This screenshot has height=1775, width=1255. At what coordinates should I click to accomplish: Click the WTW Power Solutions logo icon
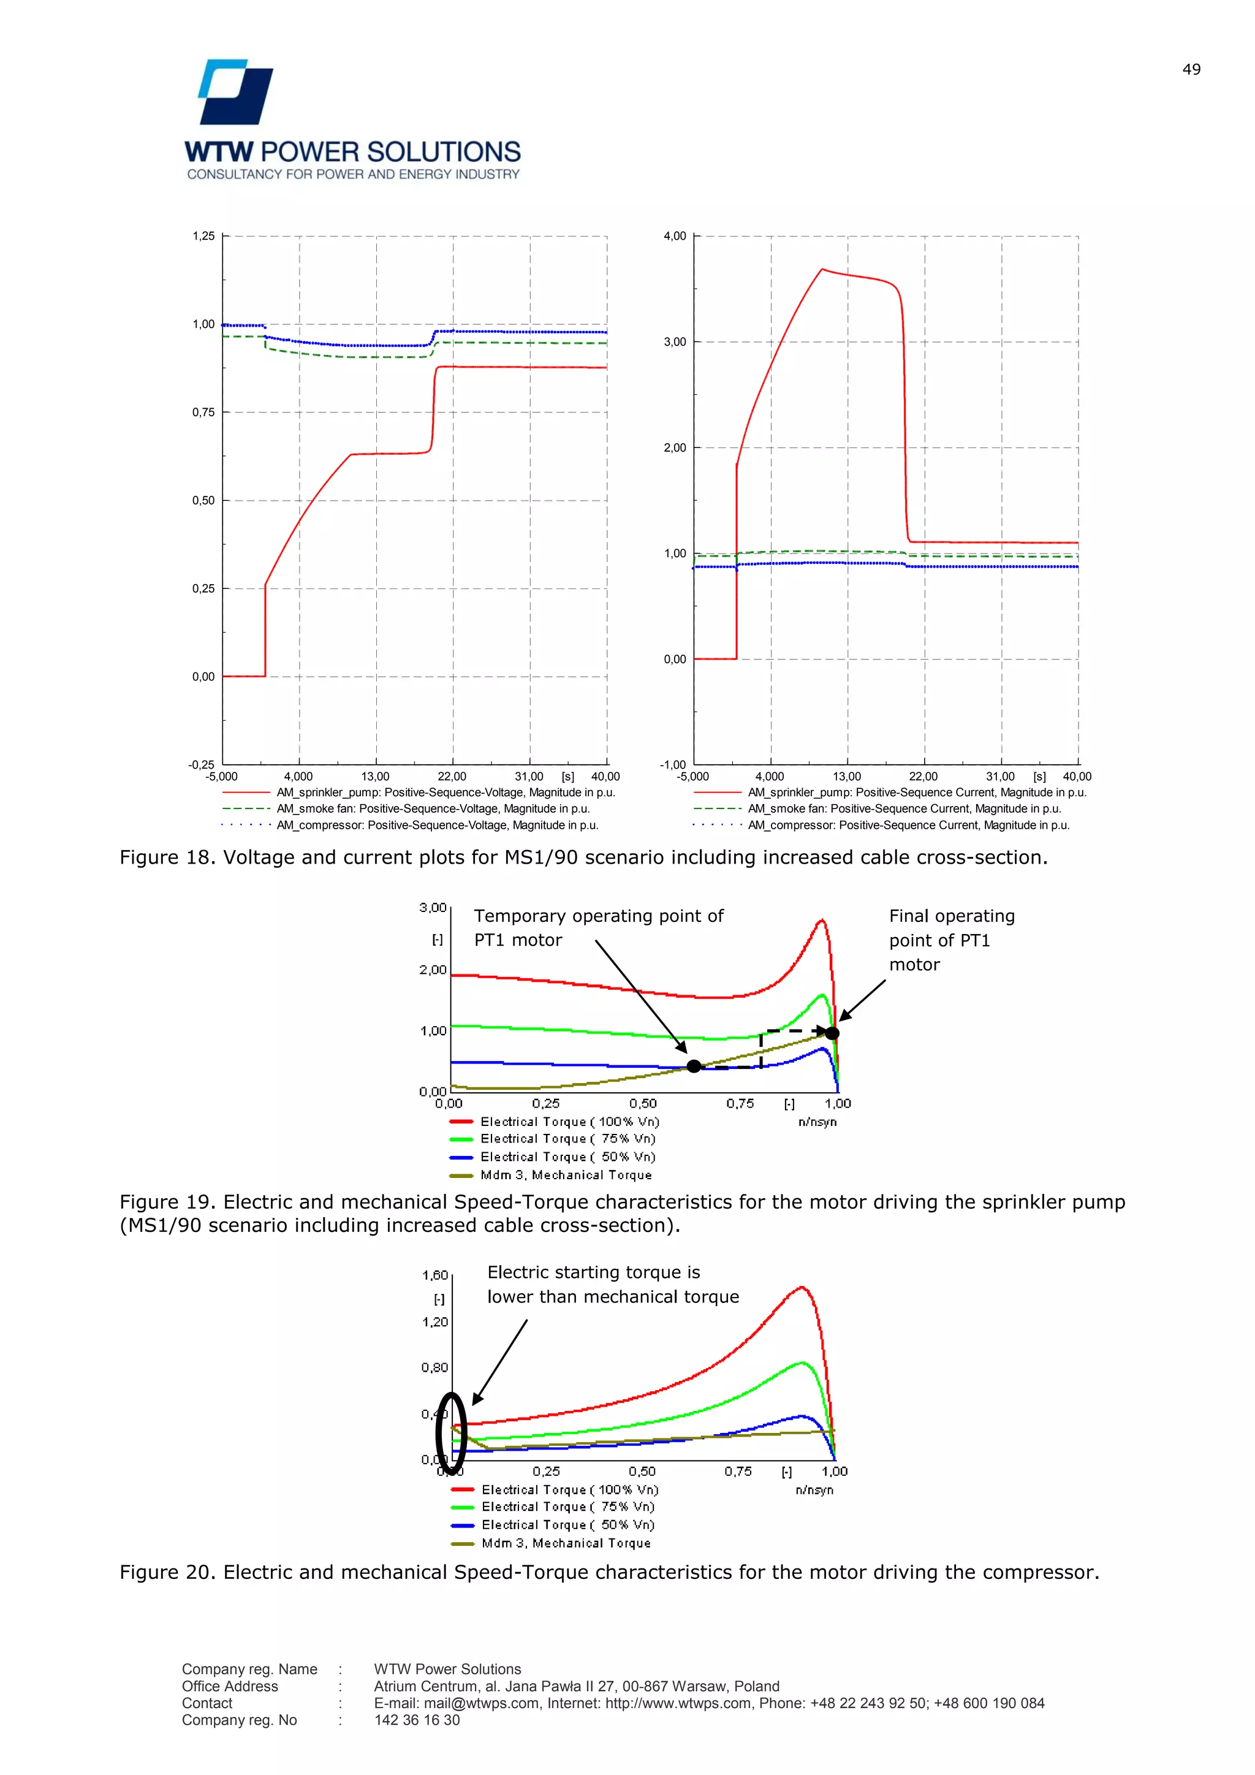(x=236, y=91)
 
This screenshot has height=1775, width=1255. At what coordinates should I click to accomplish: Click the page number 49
(x=1191, y=70)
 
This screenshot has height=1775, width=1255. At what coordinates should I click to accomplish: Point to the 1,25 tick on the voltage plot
(x=204, y=236)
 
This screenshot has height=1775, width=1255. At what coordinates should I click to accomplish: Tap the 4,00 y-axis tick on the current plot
(x=675, y=236)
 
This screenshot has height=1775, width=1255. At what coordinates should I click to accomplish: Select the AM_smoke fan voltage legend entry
(x=433, y=808)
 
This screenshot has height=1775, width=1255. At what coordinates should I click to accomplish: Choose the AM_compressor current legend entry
(x=908, y=825)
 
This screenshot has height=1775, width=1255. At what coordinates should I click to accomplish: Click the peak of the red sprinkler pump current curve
(x=822, y=269)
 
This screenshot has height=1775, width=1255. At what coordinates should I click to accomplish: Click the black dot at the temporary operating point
(x=694, y=1066)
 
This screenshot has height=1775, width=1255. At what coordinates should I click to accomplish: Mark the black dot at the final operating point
(x=832, y=1033)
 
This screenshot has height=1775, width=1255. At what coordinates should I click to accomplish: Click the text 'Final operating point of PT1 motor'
(x=950, y=940)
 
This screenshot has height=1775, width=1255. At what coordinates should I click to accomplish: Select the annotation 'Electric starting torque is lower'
(x=612, y=1285)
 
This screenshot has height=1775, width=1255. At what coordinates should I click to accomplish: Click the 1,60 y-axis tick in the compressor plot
(x=435, y=1275)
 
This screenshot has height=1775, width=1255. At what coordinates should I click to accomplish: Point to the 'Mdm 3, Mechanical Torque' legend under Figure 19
(x=566, y=1175)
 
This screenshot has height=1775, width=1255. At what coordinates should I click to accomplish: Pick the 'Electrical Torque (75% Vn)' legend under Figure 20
(x=567, y=1507)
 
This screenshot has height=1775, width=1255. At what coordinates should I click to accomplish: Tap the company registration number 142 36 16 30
(x=417, y=1720)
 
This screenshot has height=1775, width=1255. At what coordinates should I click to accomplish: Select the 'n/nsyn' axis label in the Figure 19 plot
(x=817, y=1122)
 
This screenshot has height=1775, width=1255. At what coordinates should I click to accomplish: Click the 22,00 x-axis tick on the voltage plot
(x=452, y=776)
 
